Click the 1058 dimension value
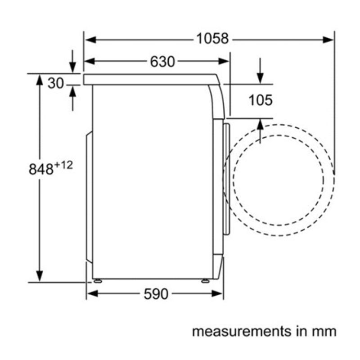point(212,39)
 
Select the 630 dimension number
point(162,62)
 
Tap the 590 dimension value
point(156,294)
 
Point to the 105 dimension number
point(261,100)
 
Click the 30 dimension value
point(55,83)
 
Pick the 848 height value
point(41,169)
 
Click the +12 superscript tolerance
point(63,165)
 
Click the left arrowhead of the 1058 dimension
point(90,40)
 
